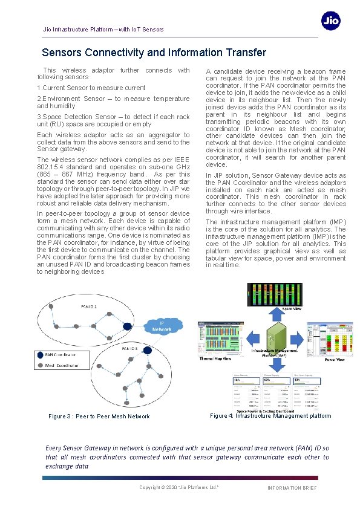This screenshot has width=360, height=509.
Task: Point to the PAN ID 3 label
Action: click(x=129, y=349)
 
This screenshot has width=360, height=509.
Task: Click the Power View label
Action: click(x=335, y=359)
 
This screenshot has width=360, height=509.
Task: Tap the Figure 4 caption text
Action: click(x=270, y=415)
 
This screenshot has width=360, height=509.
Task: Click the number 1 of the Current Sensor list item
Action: click(x=39, y=88)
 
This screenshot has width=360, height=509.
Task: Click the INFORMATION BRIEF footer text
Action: click(x=292, y=488)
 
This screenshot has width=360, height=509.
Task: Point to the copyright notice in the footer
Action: click(x=178, y=487)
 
